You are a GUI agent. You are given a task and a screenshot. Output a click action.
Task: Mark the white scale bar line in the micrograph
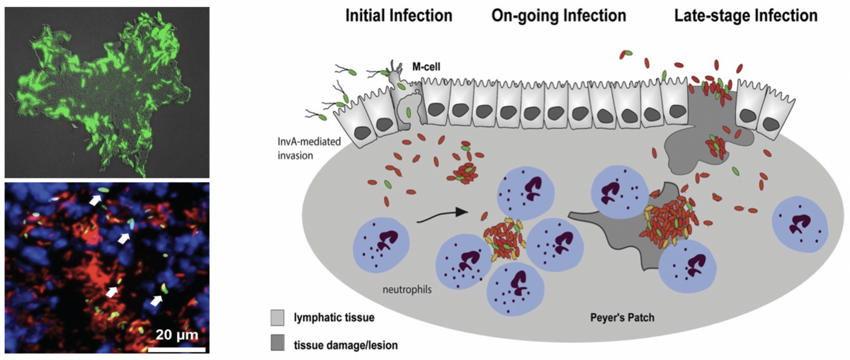176,349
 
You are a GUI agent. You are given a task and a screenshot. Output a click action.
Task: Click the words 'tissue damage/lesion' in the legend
346,344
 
